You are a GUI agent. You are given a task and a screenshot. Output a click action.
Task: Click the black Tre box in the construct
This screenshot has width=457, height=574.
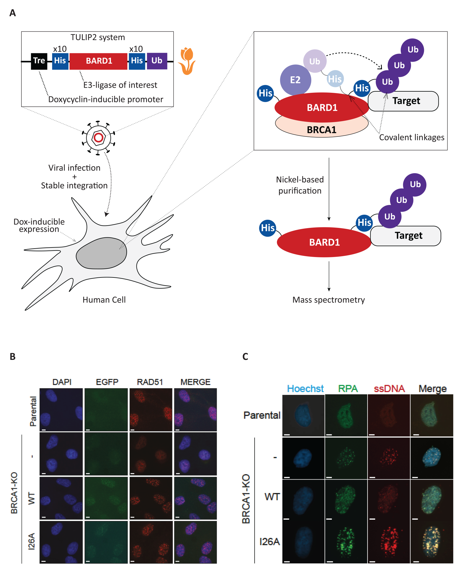pos(39,61)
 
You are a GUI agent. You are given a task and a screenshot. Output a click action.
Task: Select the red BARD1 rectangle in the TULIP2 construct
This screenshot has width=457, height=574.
pos(99,61)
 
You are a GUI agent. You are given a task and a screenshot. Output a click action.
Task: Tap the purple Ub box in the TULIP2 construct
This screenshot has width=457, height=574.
pos(157,61)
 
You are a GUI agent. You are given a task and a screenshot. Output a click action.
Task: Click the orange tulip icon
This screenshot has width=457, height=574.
pos(187,61)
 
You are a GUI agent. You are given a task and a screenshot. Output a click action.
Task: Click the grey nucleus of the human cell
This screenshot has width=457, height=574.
pos(101,253)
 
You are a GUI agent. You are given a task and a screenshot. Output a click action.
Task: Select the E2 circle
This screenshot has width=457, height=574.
pos(295,80)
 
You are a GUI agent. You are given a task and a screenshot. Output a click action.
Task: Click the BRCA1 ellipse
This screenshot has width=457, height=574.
pos(321,130)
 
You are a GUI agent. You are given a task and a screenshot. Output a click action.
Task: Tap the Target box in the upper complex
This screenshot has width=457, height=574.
pos(406,101)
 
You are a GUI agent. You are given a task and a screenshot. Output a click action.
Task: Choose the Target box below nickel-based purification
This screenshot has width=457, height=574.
pos(408,236)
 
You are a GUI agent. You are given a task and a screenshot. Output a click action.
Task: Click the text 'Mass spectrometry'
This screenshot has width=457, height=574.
pos(329,300)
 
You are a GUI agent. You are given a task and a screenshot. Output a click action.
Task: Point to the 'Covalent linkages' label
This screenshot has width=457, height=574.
pos(412,137)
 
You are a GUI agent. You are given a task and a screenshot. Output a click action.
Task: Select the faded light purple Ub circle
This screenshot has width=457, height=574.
pos(315,61)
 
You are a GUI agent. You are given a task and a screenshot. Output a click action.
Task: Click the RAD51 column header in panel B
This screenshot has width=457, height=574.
pos(150,382)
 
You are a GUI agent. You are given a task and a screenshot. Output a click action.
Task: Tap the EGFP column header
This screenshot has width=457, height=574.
pos(107,382)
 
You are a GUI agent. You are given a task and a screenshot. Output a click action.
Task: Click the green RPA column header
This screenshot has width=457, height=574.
pos(348,389)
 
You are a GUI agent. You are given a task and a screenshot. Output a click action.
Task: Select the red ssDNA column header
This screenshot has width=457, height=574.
pos(389,389)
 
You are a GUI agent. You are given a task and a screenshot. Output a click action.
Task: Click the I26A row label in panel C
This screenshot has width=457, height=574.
pos(269,542)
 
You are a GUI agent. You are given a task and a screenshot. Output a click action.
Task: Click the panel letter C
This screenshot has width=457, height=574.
pos(245,357)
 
